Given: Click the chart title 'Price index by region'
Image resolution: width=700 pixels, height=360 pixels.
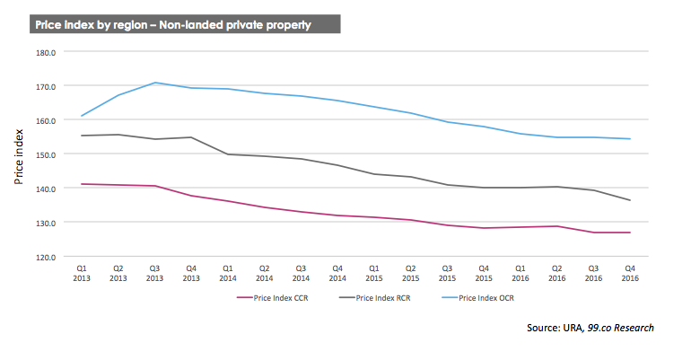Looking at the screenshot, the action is pos(91,24).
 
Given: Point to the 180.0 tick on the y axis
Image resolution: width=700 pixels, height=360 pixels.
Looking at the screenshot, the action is pos(46,52).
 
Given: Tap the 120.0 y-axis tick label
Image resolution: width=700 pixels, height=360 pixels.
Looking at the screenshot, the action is pos(46,258).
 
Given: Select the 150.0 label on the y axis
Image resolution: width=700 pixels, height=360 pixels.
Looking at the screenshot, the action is pos(46,154).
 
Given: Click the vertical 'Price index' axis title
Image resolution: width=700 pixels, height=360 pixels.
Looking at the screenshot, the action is pos(18,157).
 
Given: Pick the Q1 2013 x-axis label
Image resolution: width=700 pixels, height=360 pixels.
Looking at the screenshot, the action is pos(82,273).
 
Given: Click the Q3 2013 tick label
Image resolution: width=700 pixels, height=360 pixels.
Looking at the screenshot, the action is pos(154,273).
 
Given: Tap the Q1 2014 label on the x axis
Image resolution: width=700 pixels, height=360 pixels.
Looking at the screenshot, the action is pos(228,273).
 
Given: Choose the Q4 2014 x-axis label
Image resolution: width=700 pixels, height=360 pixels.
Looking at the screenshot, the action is pos(337,273).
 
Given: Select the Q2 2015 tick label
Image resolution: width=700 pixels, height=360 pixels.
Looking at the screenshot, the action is pos(411,273).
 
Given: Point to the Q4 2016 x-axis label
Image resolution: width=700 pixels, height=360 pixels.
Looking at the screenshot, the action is pos(630,273).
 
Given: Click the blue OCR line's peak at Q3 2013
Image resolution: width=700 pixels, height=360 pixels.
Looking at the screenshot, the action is pos(155,83).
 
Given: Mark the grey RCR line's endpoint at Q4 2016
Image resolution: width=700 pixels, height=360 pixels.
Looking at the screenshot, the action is pos(630,200).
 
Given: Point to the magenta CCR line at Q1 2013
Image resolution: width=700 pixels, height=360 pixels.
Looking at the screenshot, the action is pos(82,184).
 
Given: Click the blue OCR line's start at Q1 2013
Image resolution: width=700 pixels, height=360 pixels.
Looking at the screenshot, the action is pos(82,116).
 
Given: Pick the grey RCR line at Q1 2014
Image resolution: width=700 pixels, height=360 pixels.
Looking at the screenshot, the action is pos(228,154).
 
